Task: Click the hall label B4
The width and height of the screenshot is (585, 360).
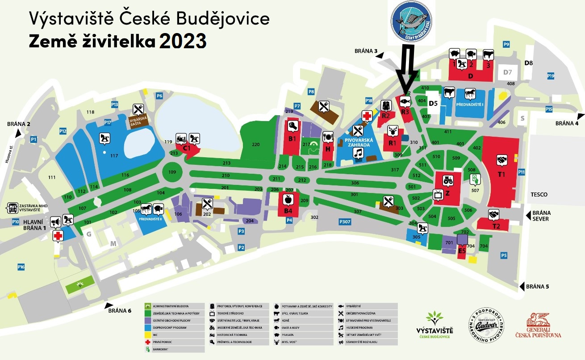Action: point(288,211)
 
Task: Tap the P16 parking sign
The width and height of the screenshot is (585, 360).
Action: point(21,267)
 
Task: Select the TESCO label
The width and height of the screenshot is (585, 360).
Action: point(539,195)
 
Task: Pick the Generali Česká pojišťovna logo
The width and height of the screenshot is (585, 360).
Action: point(538,326)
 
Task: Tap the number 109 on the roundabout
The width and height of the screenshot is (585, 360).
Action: point(172,172)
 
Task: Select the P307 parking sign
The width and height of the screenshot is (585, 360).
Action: point(345,222)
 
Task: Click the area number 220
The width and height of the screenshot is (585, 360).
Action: point(255,144)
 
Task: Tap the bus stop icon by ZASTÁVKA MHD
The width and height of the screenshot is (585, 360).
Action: point(12,208)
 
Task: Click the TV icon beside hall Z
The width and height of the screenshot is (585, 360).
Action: point(438,195)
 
